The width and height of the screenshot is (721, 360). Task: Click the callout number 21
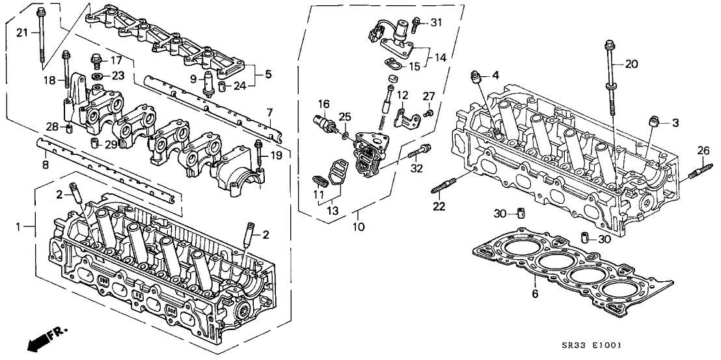pyautogui.click(x=21, y=33)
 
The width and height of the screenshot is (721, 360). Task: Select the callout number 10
pyautogui.click(x=358, y=227)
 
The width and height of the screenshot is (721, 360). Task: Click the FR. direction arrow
pyautogui.click(x=46, y=338)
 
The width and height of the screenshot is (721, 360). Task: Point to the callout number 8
pyautogui.click(x=45, y=165)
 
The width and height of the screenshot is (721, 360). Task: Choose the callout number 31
pyautogui.click(x=435, y=23)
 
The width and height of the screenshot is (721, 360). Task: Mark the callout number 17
pyautogui.click(x=116, y=61)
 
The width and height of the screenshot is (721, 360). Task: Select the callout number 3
pyautogui.click(x=675, y=122)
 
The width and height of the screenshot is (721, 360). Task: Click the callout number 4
pyautogui.click(x=495, y=75)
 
